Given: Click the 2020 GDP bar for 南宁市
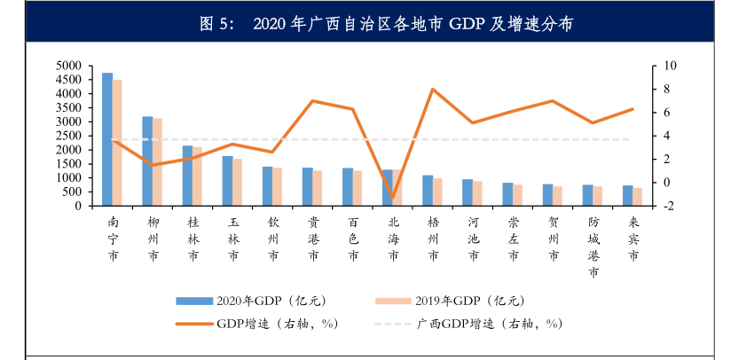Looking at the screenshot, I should tap(107, 139).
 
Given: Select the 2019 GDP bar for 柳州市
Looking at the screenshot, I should tap(158, 162).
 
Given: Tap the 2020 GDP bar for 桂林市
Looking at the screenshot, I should tap(187, 176).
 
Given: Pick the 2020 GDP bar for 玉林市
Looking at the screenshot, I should tap(227, 181).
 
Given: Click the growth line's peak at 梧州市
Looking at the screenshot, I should tap(432, 89).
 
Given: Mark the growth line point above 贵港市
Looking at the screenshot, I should tap(312, 101).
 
